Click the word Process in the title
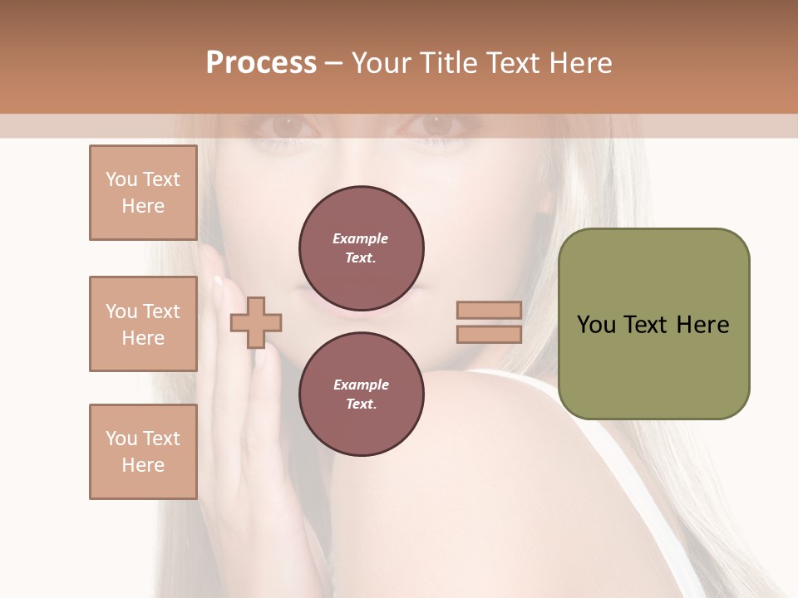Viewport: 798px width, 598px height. [x=261, y=63]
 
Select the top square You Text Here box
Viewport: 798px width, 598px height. [x=143, y=193]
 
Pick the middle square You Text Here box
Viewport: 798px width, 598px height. [x=143, y=324]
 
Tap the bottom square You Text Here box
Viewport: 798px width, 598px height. [x=143, y=451]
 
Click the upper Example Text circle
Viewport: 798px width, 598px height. [x=362, y=248]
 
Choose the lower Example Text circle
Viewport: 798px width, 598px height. [x=362, y=395]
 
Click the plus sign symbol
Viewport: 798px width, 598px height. [x=256, y=321]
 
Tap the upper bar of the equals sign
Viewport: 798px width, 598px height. [x=489, y=310]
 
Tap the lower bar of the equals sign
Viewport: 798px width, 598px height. [x=489, y=334]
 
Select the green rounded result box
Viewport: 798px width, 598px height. [x=653, y=324]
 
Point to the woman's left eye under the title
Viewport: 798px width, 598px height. [x=287, y=126]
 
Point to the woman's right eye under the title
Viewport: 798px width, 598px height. [x=434, y=125]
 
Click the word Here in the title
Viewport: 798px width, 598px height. [x=582, y=63]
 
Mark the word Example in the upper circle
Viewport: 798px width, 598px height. [x=361, y=238]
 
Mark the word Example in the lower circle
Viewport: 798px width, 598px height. [x=361, y=385]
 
